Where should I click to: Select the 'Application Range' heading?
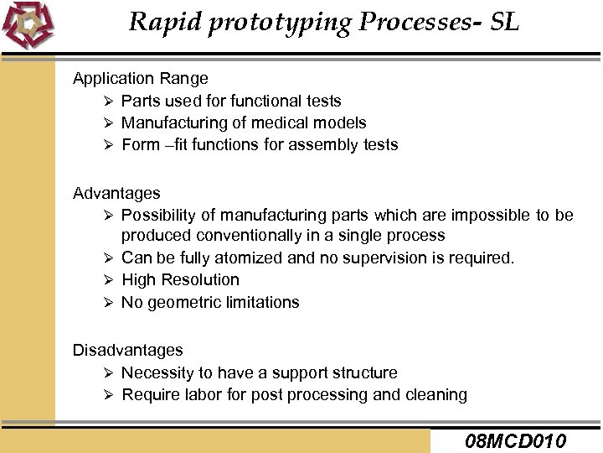(x=141, y=79)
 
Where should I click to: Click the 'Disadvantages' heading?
(x=127, y=350)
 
